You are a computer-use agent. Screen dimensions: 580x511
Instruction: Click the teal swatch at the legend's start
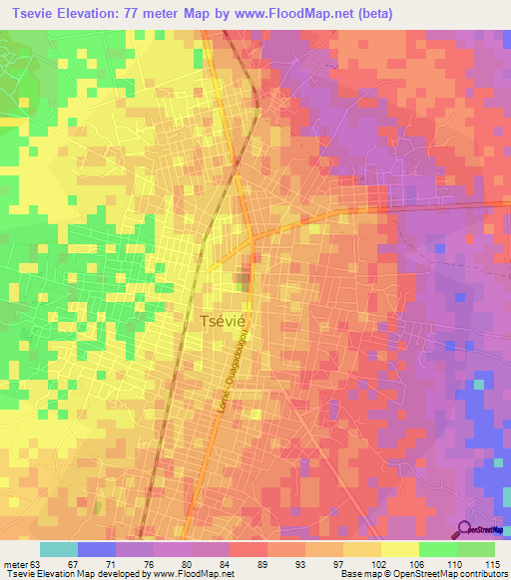59,549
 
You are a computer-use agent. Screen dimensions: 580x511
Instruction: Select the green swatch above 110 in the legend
438,549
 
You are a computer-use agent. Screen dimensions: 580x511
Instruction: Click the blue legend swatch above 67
97,549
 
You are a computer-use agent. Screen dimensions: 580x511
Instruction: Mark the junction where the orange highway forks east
254,237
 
